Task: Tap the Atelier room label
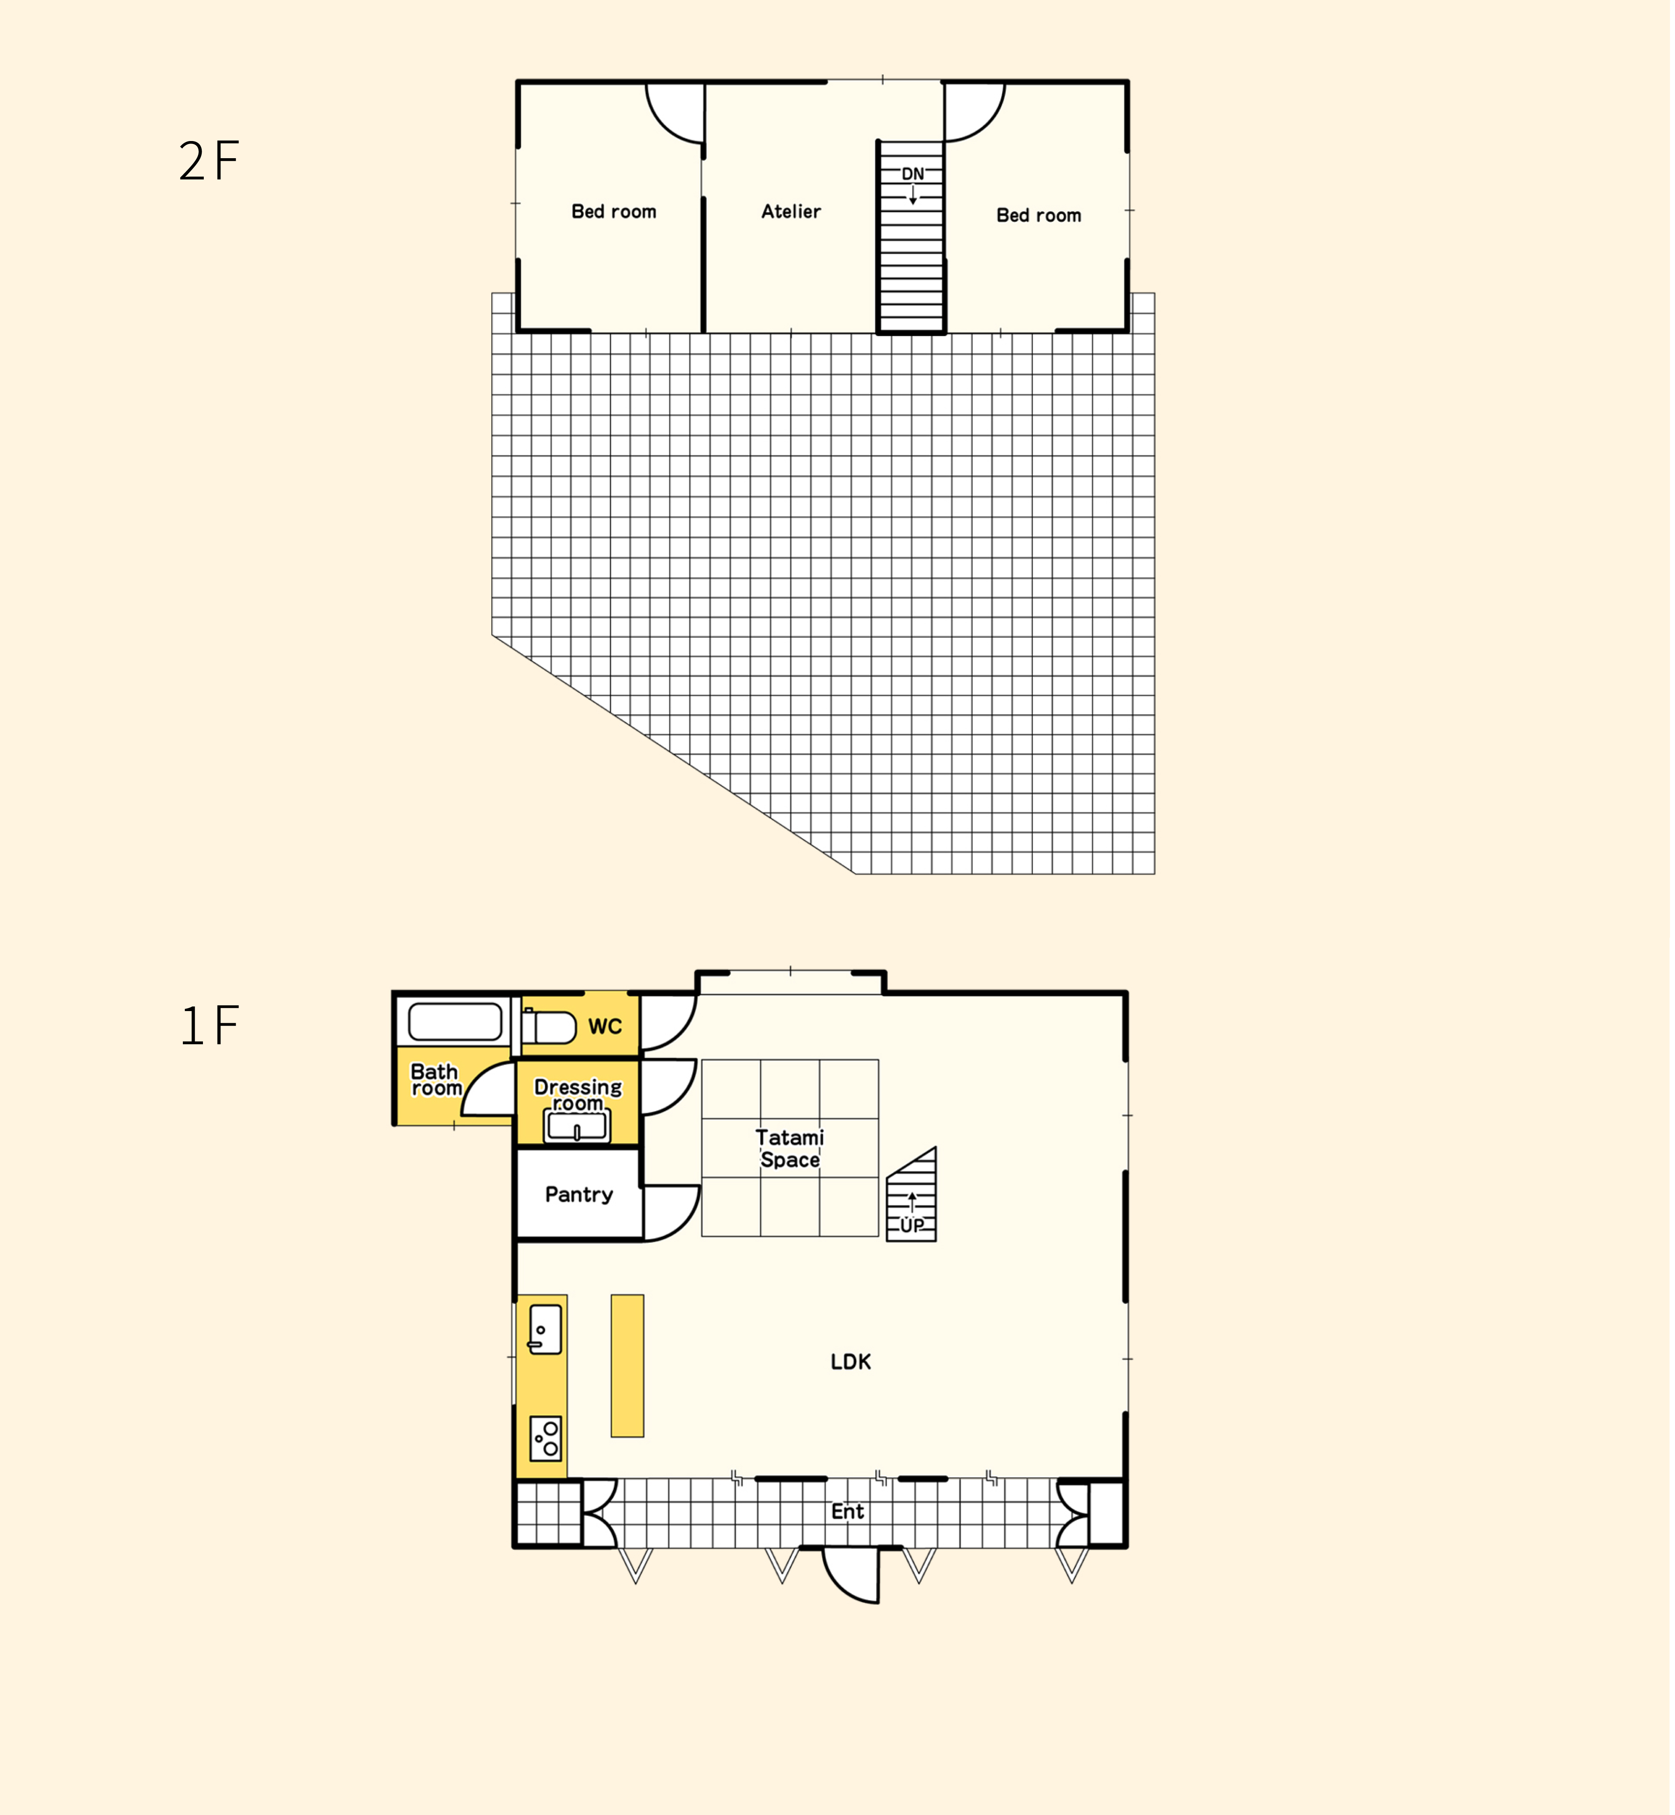791,211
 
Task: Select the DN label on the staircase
913,173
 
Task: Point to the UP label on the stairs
912,1226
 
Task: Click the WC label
605,1026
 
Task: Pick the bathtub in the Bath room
455,1022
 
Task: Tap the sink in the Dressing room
577,1126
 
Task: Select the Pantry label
579,1195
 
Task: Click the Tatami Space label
790,1149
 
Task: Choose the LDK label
851,1362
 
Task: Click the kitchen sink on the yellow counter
545,1329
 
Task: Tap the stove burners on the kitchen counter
546,1438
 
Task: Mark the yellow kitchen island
627,1365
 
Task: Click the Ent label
848,1511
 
